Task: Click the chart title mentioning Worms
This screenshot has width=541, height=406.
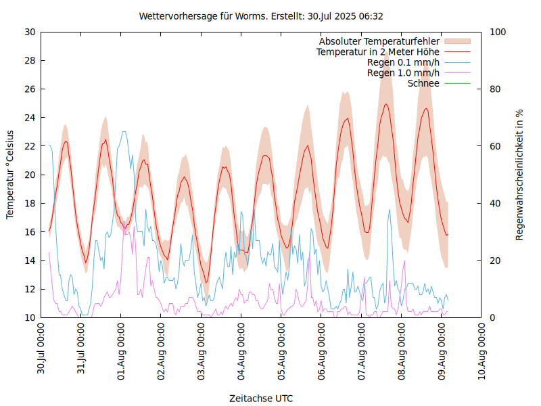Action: [261, 16]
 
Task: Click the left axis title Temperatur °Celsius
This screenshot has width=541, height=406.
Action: [10, 175]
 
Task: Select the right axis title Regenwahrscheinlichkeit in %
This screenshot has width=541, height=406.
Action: [520, 175]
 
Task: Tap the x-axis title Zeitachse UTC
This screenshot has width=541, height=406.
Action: [261, 398]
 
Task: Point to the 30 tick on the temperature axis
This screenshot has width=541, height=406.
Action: [30, 32]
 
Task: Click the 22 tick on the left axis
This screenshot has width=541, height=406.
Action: [30, 146]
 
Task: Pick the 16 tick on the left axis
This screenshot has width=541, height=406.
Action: [30, 232]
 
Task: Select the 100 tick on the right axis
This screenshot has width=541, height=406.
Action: [498, 32]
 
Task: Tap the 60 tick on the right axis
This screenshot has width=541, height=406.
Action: [495, 146]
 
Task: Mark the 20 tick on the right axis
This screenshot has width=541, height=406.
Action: [495, 261]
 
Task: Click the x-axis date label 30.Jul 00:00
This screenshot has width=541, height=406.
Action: [42, 349]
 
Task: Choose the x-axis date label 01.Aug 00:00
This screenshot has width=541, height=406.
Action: [122, 349]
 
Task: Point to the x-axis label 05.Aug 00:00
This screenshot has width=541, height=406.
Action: [281, 349]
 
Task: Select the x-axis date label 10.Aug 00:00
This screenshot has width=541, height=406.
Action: [481, 349]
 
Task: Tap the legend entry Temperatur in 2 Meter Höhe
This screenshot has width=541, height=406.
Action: [378, 51]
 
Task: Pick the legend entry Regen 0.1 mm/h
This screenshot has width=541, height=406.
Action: [403, 62]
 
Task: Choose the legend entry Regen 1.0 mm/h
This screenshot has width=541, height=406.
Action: [403, 72]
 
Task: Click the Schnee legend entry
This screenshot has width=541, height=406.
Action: [424, 83]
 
